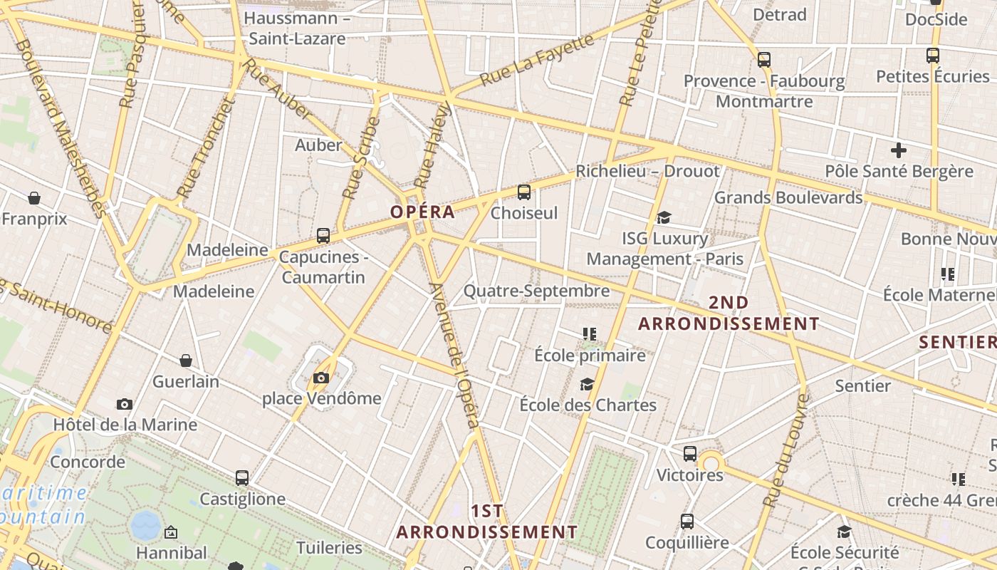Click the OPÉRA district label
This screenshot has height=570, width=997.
point(422,212)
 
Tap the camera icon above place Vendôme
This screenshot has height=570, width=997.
point(321,378)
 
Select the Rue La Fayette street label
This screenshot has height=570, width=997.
point(537,60)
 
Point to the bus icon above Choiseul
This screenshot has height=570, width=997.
point(524,192)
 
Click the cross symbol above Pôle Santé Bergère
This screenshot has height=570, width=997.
point(899,150)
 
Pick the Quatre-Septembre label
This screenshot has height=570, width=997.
point(536,291)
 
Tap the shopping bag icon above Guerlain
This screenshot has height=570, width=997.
point(186,361)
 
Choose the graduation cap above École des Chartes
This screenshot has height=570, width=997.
point(587,385)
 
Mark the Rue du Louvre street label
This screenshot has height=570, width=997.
point(785,450)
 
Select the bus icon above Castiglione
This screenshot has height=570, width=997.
point(242,478)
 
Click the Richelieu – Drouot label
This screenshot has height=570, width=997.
point(647,171)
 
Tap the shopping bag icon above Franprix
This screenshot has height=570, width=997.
point(34,198)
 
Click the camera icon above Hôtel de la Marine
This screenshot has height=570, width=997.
point(125,405)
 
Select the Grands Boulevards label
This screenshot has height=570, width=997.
point(788,197)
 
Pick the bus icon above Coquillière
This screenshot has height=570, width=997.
point(687,522)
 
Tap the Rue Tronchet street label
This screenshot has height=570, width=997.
point(206,148)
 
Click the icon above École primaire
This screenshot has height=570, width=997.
point(590,333)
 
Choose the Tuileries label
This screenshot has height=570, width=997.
point(329,548)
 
